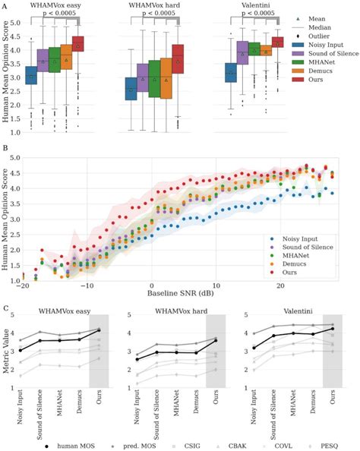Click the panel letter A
click(5, 5)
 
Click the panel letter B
click(5, 150)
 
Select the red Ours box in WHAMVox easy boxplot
click(78, 44)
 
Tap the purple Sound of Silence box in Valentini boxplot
click(243, 52)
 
